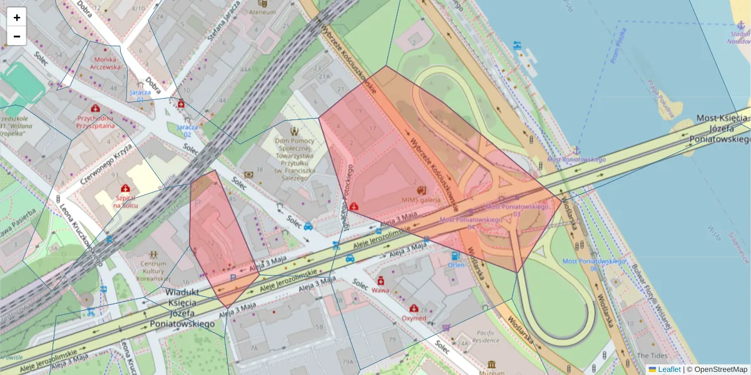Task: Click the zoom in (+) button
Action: pos(17,17)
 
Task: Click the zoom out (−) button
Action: pos(17,36)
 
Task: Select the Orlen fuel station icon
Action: pos(455,256)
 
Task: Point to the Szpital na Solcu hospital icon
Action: pos(125,188)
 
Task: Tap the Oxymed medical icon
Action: pos(414,308)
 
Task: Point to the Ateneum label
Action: pos(262,12)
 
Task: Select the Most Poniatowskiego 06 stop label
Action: pos(593,264)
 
